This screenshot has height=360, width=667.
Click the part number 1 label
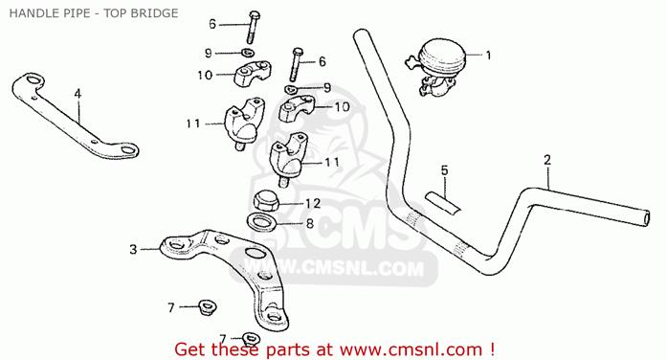click(x=488, y=56)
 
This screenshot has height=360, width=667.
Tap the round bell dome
click(x=442, y=55)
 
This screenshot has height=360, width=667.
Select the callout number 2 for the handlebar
click(x=547, y=160)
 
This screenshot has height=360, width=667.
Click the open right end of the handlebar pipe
click(x=646, y=218)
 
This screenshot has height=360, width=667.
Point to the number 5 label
click(x=445, y=170)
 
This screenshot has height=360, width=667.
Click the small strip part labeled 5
click(x=443, y=203)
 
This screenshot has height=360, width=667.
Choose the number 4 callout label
click(x=78, y=94)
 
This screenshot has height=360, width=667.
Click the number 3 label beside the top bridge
click(x=134, y=249)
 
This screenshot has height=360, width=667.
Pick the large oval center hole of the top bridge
click(x=255, y=253)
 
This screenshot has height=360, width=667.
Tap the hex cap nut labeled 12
click(x=265, y=200)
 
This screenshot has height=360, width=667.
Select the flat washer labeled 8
click(x=261, y=222)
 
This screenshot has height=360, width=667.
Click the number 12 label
click(x=313, y=203)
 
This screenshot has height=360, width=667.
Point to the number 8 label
click(x=310, y=223)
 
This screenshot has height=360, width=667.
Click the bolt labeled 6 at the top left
click(x=253, y=27)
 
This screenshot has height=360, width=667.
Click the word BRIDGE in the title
click(x=155, y=13)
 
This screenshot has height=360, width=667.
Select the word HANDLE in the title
click(x=28, y=13)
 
